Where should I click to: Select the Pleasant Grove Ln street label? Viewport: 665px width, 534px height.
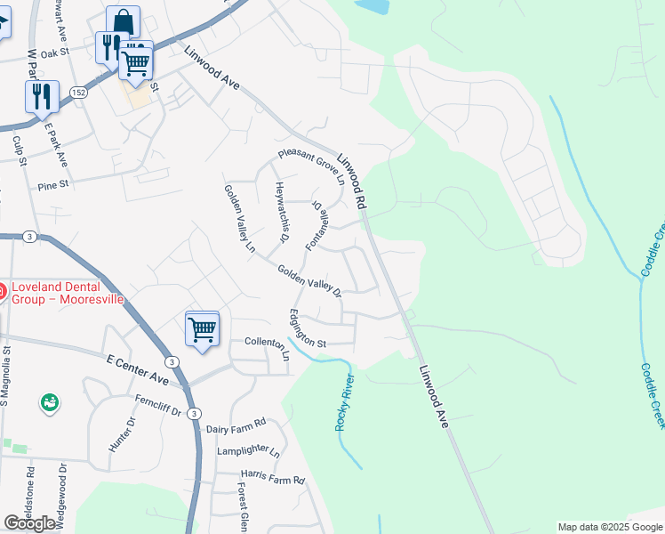[x=310, y=161]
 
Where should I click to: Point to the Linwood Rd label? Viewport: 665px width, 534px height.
[x=351, y=181]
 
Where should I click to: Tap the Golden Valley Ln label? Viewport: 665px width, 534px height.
[x=239, y=217]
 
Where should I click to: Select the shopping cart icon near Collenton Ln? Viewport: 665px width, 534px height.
[x=203, y=329]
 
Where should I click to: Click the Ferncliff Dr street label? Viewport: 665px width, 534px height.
[x=158, y=406]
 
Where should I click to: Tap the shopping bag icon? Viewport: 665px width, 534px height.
[x=123, y=21]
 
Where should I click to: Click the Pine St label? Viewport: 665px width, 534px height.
[x=53, y=187]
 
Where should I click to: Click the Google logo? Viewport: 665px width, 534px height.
[x=29, y=523]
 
